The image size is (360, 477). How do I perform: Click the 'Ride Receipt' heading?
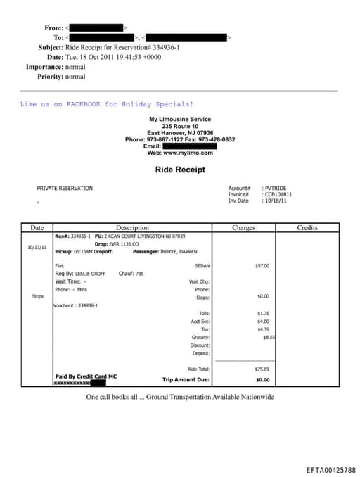tap(180, 170)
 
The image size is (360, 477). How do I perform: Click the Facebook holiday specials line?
tap(106, 104)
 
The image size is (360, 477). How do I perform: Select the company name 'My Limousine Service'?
tap(180, 120)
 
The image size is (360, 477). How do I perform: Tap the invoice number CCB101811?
tap(278, 194)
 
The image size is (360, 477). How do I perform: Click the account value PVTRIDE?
tap(274, 189)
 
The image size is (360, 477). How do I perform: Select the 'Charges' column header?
tap(243, 228)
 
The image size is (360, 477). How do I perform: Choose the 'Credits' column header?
tap(307, 228)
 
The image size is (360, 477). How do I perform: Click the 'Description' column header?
tap(132, 228)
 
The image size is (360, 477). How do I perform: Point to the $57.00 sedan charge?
tap(262, 266)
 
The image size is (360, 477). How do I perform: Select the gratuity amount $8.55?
tap(269, 338)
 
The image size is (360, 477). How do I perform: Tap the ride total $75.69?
tap(262, 369)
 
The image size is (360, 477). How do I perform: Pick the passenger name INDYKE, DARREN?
tap(179, 251)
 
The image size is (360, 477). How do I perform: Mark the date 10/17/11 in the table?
tap(37, 248)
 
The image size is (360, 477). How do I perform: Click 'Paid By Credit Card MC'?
tap(86, 376)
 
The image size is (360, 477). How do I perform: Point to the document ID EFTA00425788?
tap(330, 470)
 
